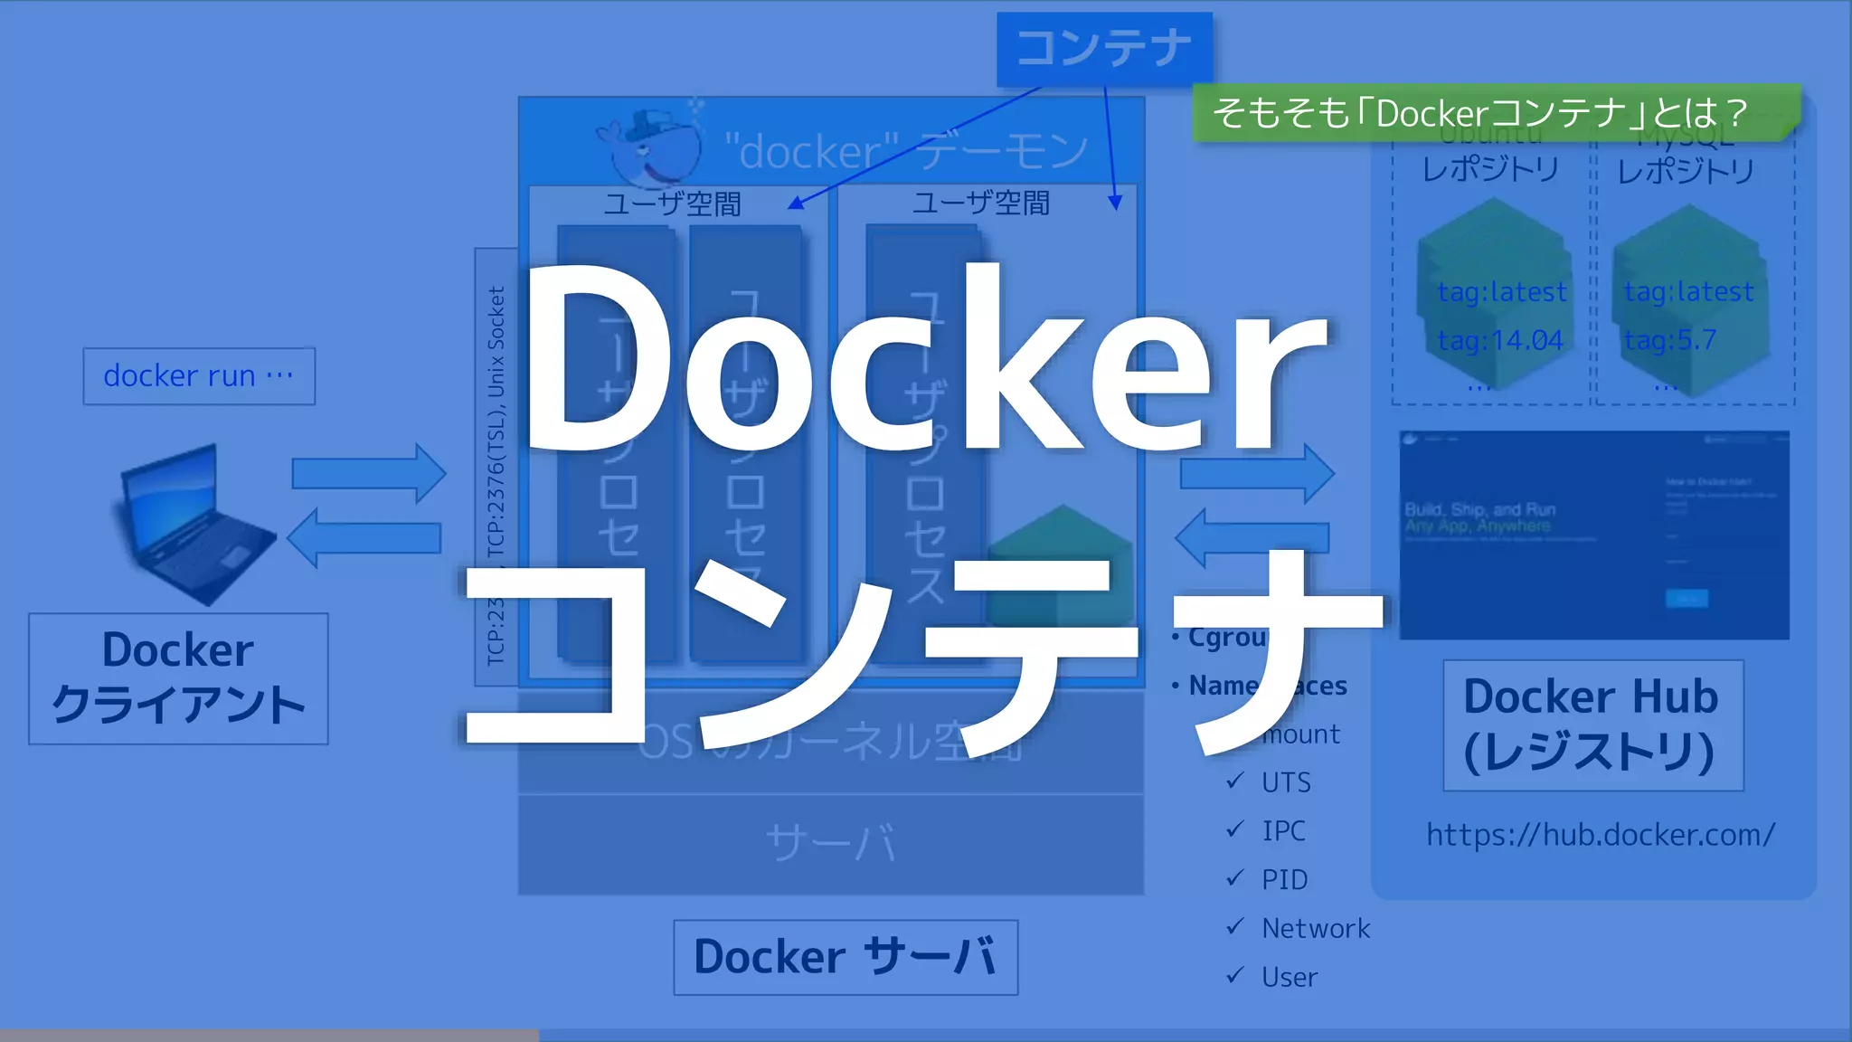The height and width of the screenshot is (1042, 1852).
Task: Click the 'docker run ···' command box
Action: (199, 375)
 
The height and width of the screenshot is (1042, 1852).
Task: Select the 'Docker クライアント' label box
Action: (178, 678)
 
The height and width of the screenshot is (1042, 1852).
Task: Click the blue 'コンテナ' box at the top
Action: (1104, 49)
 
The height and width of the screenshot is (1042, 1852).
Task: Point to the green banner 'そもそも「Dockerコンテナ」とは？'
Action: (1483, 113)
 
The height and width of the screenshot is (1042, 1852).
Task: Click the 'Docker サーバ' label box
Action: (846, 957)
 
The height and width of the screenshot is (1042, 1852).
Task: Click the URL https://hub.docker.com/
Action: (1601, 834)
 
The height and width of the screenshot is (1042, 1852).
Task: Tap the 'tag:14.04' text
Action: (1500, 341)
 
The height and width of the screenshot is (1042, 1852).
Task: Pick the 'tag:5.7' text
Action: (1669, 341)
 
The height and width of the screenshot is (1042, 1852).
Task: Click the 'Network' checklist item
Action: (1316, 928)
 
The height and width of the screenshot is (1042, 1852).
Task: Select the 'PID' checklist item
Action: (1284, 879)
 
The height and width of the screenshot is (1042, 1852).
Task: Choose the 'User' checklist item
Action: (1290, 977)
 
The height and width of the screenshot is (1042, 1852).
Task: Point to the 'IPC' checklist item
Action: (1283, 830)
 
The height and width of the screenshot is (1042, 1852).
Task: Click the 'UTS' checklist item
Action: (1286, 781)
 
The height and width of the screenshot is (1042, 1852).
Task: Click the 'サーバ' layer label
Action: (830, 843)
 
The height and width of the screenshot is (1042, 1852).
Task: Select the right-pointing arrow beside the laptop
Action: (368, 473)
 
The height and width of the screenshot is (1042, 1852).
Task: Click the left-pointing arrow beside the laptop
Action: (364, 538)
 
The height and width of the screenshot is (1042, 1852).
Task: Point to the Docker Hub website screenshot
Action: (1593, 535)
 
